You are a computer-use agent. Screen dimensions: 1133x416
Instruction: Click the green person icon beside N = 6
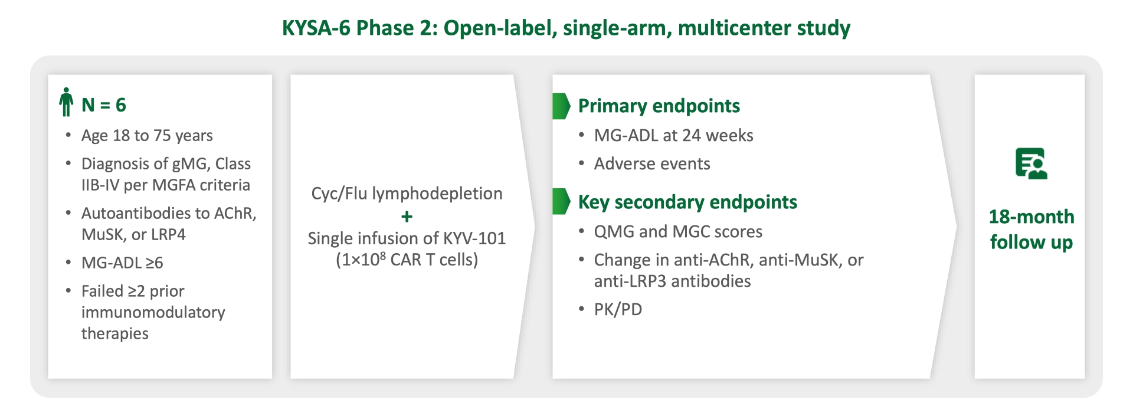click(x=66, y=102)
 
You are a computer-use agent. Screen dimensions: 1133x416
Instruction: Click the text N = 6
click(x=104, y=105)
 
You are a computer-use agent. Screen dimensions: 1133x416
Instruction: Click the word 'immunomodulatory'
click(x=153, y=312)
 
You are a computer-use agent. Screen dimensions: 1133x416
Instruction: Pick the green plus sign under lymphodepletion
click(x=407, y=217)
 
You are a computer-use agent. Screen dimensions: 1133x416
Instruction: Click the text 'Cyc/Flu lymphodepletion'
click(x=407, y=194)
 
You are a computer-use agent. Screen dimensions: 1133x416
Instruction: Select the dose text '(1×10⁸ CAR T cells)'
click(x=407, y=260)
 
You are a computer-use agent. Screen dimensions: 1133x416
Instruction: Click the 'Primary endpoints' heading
click(x=659, y=106)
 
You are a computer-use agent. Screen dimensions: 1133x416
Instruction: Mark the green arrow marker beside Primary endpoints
click(x=561, y=106)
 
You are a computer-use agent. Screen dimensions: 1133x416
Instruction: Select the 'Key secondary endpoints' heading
click(x=687, y=202)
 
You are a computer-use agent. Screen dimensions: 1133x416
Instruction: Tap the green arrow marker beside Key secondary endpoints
click(x=561, y=202)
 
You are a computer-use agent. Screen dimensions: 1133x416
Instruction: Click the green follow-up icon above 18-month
click(x=1031, y=163)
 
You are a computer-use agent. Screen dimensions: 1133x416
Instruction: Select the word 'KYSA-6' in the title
click(x=316, y=28)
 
